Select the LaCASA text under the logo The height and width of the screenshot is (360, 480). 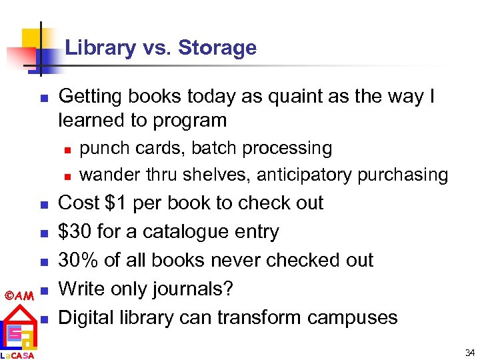(x=18, y=355)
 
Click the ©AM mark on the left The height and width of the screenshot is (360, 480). (x=19, y=295)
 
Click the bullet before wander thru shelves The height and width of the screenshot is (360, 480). (x=67, y=176)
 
